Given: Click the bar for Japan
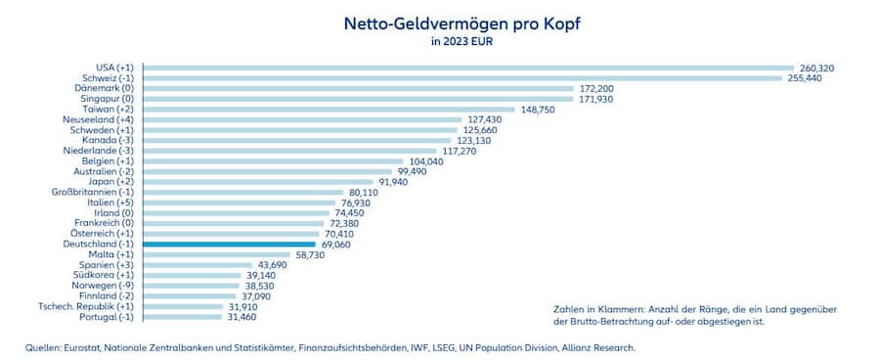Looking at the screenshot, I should (x=257, y=182).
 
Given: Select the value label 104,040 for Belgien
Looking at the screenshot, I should (x=427, y=161).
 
